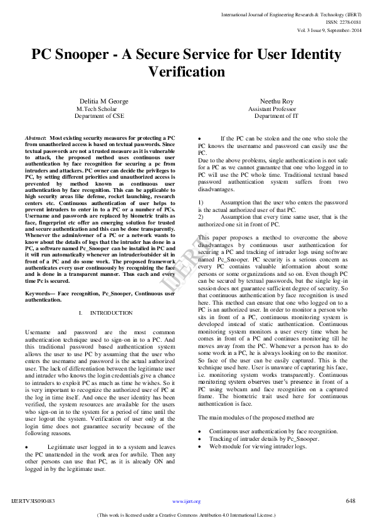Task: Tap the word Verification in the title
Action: tap(186, 71)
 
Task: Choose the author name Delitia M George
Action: tap(105, 101)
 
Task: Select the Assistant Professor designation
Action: tap(272, 108)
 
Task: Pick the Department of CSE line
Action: tap(100, 116)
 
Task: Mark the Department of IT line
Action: tap(276, 116)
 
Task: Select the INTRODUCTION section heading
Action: tap(111, 312)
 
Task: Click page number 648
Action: tap(350, 500)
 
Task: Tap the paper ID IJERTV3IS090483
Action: tap(33, 501)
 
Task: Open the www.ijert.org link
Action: tap(186, 502)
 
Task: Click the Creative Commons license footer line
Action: tap(186, 515)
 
